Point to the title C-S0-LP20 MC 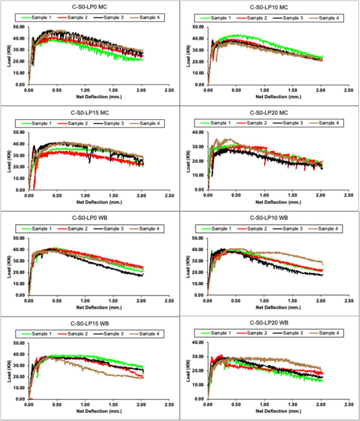coord(270,112)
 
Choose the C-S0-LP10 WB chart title coord(270,217)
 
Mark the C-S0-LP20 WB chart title coord(270,322)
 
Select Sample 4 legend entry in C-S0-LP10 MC coord(329,18)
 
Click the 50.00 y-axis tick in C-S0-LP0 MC coord(18,27)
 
